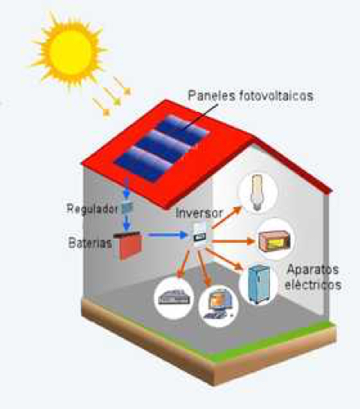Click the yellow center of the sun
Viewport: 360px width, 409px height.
click(x=70, y=52)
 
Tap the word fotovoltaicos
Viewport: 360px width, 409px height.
click(x=277, y=96)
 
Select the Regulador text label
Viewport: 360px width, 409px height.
click(x=92, y=209)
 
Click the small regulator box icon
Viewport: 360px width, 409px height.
click(x=127, y=209)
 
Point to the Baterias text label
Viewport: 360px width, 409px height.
click(x=90, y=242)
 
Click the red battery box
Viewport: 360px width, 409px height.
click(x=128, y=245)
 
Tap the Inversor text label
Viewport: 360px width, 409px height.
click(x=199, y=213)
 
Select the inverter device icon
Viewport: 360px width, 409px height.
click(x=200, y=235)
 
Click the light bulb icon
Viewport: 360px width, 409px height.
click(x=256, y=192)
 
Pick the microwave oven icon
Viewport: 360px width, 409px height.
click(x=274, y=240)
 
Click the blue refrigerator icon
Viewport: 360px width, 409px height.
click(x=259, y=284)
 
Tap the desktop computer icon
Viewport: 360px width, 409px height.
click(x=218, y=305)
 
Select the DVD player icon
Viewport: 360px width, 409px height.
click(x=173, y=297)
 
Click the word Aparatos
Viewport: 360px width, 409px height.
click(x=313, y=270)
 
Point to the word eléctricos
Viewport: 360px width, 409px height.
click(x=313, y=285)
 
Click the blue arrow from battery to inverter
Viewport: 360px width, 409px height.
click(x=165, y=235)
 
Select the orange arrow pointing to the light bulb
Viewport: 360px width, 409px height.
click(x=227, y=217)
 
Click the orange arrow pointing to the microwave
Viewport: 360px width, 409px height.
click(x=233, y=241)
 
